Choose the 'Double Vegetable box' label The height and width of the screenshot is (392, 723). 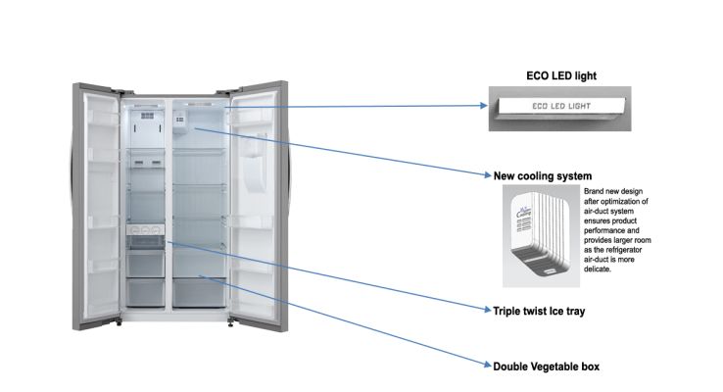[x=547, y=367]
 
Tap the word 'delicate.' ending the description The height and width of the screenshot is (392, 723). [x=599, y=269]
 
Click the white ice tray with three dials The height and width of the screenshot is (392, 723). [x=147, y=238]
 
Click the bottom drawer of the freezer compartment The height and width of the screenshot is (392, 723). [x=147, y=291]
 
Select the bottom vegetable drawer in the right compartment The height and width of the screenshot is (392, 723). [x=201, y=291]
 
